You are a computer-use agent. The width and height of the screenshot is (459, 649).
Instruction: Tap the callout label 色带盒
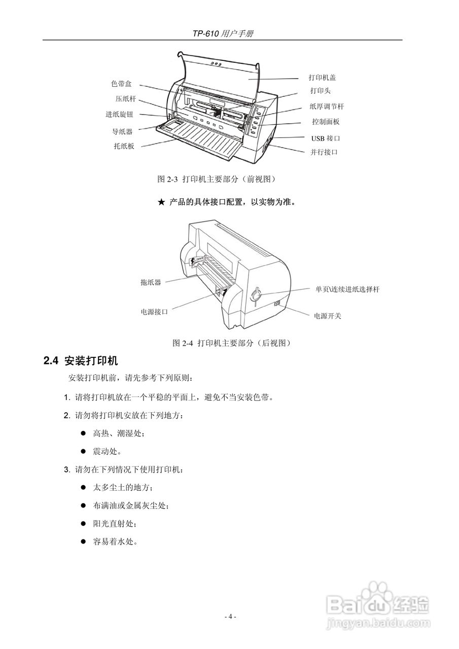(122, 84)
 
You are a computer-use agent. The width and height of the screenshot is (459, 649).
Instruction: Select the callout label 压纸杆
(125, 99)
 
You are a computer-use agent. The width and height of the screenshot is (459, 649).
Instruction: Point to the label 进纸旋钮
(119, 115)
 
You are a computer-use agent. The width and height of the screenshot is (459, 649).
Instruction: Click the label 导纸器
(122, 131)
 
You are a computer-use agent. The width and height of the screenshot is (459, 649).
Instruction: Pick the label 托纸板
(124, 147)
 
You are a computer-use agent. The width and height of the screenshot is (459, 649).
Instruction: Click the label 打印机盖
(322, 78)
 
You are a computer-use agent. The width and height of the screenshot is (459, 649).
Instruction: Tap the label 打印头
(321, 91)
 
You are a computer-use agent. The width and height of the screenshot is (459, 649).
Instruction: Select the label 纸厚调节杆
(327, 106)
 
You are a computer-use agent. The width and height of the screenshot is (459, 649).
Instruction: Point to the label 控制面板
(326, 122)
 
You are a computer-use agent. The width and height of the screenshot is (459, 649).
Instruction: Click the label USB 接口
(325, 138)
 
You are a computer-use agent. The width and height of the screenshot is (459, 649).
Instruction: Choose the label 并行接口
(324, 152)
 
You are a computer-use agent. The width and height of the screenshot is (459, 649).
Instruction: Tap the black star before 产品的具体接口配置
(161, 202)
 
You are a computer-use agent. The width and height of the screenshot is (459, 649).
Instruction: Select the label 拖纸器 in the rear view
(151, 282)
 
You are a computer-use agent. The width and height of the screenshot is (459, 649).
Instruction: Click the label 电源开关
(327, 316)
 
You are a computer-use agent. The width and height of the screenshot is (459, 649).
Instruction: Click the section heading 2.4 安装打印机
(81, 361)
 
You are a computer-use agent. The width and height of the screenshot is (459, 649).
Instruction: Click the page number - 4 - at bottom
(230, 617)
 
